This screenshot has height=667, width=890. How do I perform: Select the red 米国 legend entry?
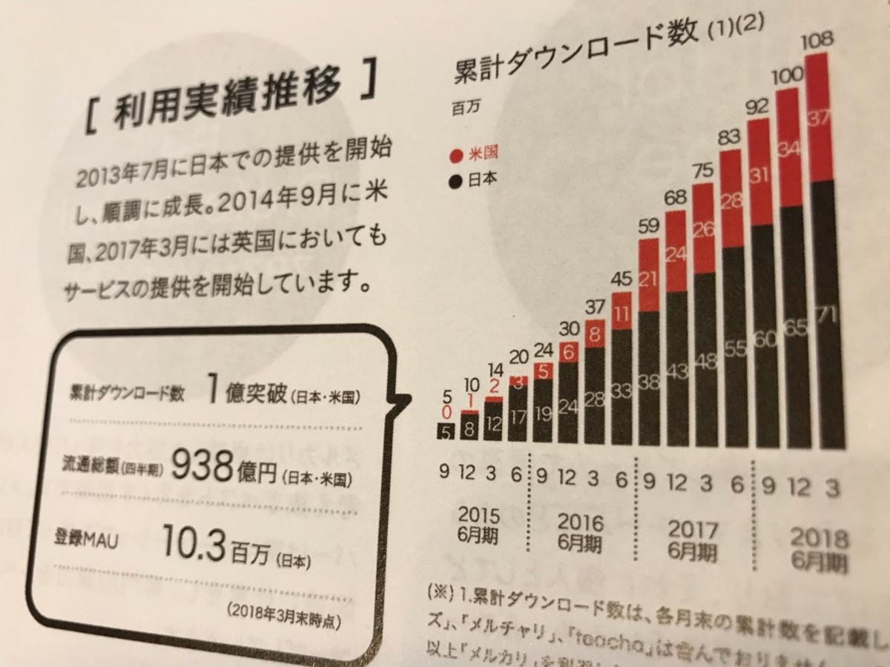[474, 154]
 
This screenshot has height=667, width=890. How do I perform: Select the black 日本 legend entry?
[474, 179]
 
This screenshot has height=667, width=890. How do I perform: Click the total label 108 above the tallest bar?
[820, 39]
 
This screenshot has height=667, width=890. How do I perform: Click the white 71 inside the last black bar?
[830, 314]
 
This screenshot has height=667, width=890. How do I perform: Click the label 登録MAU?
[87, 537]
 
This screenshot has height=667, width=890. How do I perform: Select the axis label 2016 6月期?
[580, 531]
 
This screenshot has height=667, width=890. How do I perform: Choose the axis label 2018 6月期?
[820, 549]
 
